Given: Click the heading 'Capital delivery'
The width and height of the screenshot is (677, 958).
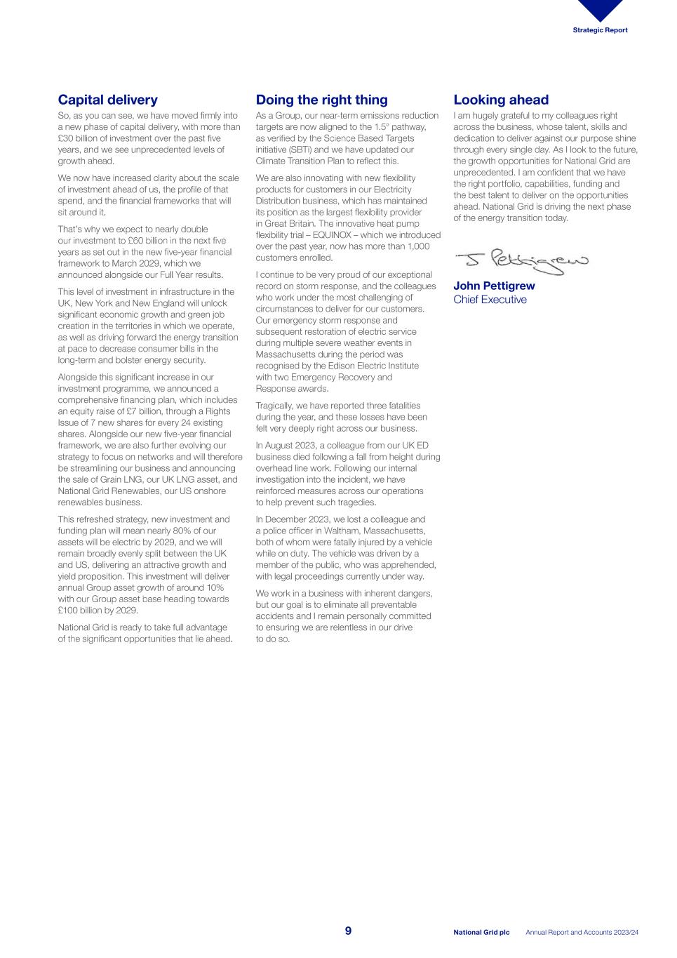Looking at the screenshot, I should click(x=107, y=100).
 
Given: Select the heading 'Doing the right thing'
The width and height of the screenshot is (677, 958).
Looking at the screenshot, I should click(x=321, y=100).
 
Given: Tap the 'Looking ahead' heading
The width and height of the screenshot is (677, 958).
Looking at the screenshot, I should click(x=500, y=100).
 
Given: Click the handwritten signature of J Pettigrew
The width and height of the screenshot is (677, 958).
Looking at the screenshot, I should click(x=521, y=261).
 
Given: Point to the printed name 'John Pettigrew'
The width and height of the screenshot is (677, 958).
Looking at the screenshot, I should click(x=494, y=286).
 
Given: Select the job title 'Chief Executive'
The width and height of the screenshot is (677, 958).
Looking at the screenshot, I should click(x=490, y=300).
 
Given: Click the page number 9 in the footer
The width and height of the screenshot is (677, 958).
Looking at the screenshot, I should click(x=348, y=931).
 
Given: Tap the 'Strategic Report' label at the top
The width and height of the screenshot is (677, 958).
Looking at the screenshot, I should click(x=600, y=30).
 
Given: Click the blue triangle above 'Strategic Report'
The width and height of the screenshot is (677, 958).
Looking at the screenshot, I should click(x=601, y=9).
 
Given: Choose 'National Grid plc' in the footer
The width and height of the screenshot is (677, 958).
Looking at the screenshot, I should click(x=481, y=933).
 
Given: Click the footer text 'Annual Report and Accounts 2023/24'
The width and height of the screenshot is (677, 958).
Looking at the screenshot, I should click(x=582, y=933).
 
